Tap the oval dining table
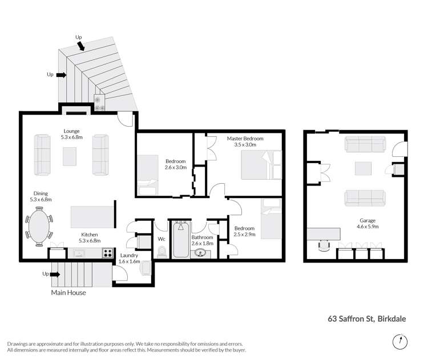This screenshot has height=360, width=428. tap(39, 226)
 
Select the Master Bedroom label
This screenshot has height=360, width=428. tap(246, 138)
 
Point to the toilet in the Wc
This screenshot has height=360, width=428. tap(161, 252)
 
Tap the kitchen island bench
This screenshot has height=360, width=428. tap(89, 217)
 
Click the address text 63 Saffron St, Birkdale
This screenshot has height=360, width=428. tap(366, 319)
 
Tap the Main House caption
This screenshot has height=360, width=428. tap(68, 293)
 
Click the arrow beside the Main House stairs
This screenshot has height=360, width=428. tap(55, 274)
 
